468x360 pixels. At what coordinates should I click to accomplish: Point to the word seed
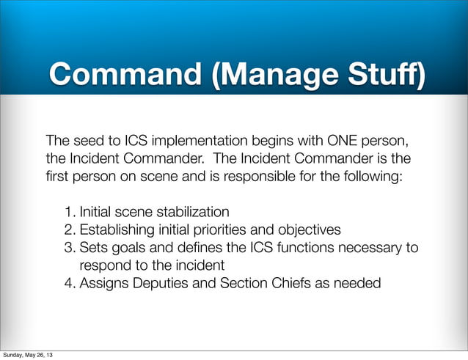[87, 140]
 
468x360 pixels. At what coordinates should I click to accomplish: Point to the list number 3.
[69, 248]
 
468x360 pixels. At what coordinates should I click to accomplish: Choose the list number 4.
[69, 282]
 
